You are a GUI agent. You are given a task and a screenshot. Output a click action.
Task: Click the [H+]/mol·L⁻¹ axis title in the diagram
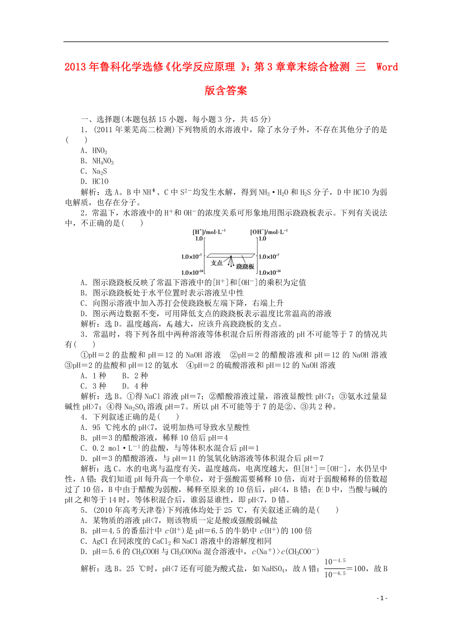tap(209, 231)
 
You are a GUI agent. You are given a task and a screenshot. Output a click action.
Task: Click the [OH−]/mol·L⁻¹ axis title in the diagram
tap(269, 231)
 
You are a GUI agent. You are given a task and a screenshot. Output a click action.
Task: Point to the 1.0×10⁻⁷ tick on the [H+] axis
tap(192, 256)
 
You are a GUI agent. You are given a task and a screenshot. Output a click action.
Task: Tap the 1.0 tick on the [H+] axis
tap(198, 238)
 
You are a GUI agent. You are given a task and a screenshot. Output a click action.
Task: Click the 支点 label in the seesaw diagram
tap(217, 263)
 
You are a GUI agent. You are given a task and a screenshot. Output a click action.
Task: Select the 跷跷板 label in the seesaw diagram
tap(245, 266)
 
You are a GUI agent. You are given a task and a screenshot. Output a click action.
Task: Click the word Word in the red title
tap(387, 67)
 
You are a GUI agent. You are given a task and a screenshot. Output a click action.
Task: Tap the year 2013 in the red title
tap(75, 67)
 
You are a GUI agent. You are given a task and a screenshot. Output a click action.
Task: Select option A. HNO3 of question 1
tap(93, 151)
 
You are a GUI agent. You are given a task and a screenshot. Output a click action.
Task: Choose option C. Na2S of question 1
tap(93, 172)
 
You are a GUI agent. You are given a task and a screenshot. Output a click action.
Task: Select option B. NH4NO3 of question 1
tap(97, 161)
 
